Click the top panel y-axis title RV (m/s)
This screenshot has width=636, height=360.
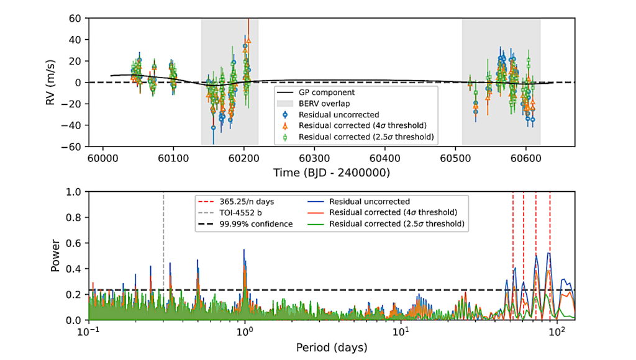pos(53,82)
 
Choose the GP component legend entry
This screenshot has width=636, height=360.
pos(329,92)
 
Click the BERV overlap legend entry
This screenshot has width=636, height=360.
pos(326,104)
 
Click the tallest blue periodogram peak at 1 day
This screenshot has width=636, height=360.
pos(244,251)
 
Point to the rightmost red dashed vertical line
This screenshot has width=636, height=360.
pos(550,223)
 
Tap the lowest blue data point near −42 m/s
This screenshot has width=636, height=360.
pos(214,127)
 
